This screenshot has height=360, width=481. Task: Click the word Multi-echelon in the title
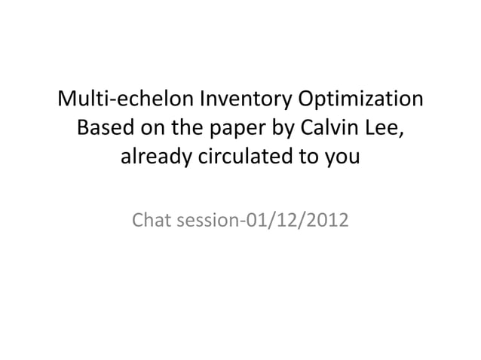(x=125, y=99)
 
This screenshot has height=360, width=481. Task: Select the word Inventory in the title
(x=245, y=99)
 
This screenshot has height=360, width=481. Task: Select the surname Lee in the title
(x=388, y=129)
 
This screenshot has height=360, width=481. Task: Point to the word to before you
(x=312, y=159)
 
